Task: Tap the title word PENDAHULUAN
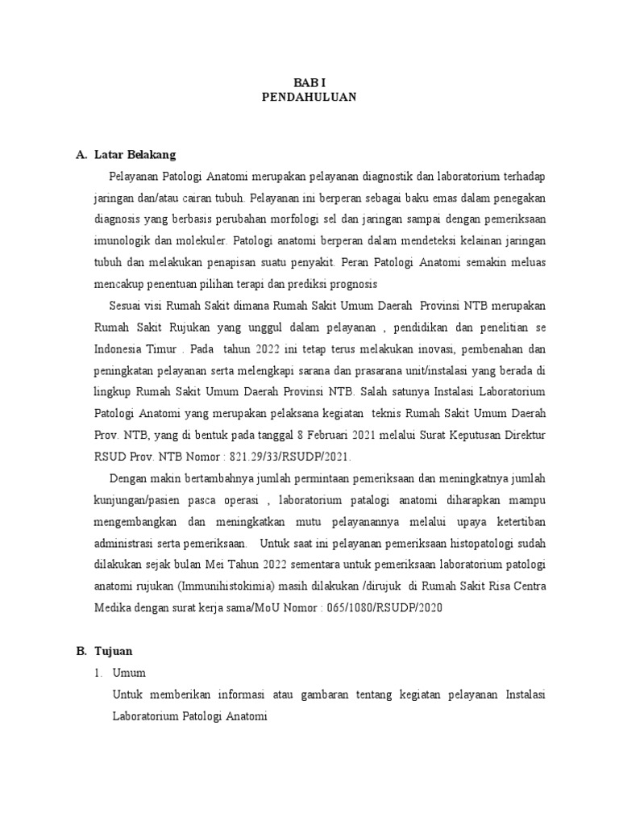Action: [309, 97]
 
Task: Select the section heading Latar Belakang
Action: [135, 154]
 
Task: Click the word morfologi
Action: [308, 218]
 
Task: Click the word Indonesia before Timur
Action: [120, 348]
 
